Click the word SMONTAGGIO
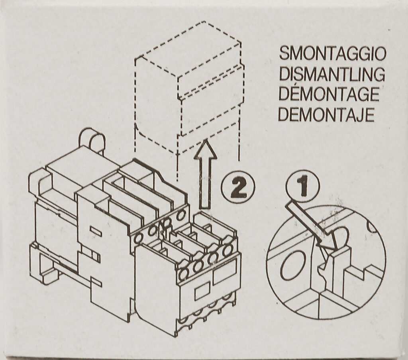[332, 53]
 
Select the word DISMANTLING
[332, 74]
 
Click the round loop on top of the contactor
[92, 141]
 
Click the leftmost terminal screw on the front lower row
[184, 274]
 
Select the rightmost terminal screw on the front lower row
[228, 250]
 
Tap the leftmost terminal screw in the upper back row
[138, 238]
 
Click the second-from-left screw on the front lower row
[198, 266]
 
